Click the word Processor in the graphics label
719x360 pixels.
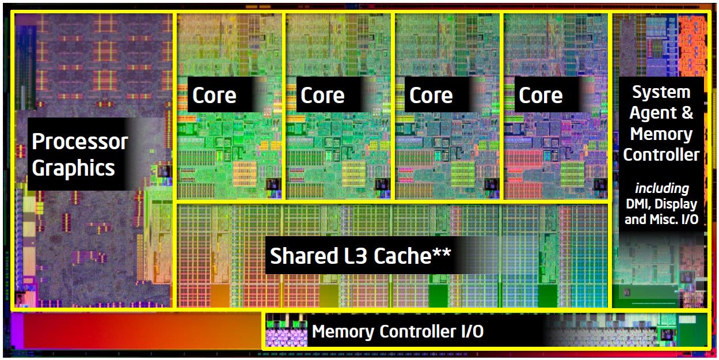80,141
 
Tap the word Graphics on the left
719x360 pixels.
74,169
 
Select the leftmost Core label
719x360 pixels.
214,96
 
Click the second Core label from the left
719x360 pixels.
322,96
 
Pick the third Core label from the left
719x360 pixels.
431,96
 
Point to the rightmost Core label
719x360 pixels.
541,96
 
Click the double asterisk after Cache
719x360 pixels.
442,252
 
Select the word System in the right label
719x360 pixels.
661,93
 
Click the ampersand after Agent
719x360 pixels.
687,113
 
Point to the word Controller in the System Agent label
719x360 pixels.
661,155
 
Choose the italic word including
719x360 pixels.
662,188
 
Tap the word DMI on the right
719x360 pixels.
637,204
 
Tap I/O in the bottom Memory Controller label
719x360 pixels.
472,331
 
